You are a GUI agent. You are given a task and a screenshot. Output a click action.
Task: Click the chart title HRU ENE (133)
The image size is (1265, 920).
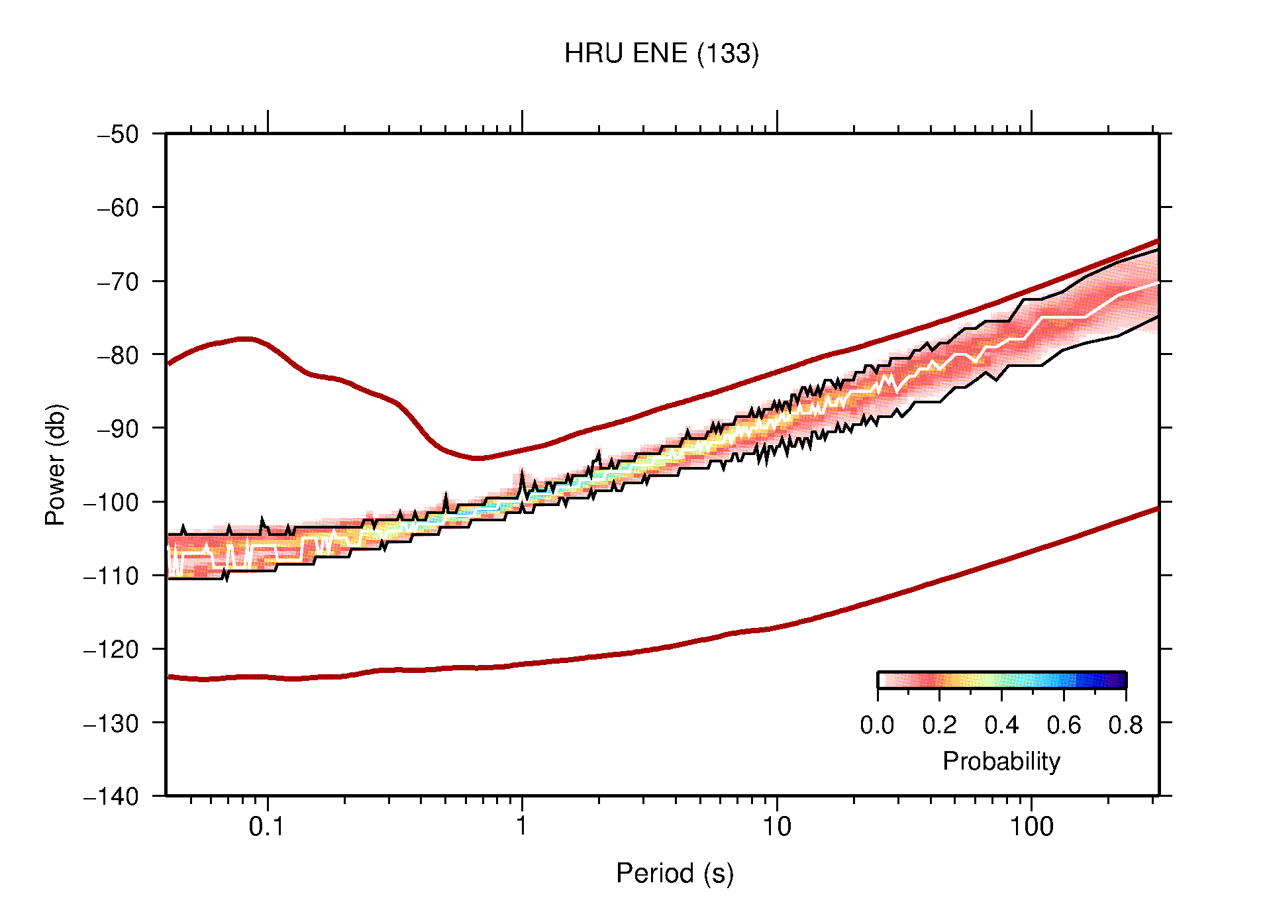pos(661,54)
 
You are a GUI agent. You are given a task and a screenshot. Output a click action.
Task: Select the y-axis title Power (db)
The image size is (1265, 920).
pos(56,464)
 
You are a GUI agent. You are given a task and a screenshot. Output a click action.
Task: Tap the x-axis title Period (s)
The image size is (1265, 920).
pos(674,873)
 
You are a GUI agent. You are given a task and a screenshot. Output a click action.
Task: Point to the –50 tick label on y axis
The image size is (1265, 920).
pos(119,134)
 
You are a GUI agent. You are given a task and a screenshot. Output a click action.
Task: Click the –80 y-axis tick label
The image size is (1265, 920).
pos(119,355)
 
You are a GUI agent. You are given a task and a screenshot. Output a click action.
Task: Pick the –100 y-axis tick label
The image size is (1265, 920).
pos(112,502)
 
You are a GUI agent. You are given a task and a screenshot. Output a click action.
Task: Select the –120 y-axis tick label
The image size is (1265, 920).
pos(112,649)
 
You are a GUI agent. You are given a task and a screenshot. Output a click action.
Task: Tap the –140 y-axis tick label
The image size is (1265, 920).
pos(112,795)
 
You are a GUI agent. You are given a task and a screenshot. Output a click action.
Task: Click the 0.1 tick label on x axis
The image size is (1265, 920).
pos(267,827)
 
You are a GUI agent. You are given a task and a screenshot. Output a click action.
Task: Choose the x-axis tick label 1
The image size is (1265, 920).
pos(522,827)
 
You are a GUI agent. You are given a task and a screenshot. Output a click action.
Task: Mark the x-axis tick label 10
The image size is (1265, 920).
pos(776,827)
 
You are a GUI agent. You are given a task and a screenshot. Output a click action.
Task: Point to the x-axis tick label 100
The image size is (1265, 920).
pos(1031,827)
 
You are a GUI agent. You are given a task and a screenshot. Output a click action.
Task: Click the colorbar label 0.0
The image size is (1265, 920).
pos(877,725)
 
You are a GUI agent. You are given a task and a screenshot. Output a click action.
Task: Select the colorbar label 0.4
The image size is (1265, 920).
pos(1001,725)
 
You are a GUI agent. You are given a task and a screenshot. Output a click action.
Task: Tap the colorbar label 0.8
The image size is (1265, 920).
pos(1125,725)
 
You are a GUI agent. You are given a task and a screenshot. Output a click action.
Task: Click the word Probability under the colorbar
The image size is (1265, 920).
pos(1001,762)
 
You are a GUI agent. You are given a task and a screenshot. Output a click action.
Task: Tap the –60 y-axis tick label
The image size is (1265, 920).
pos(119,208)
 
